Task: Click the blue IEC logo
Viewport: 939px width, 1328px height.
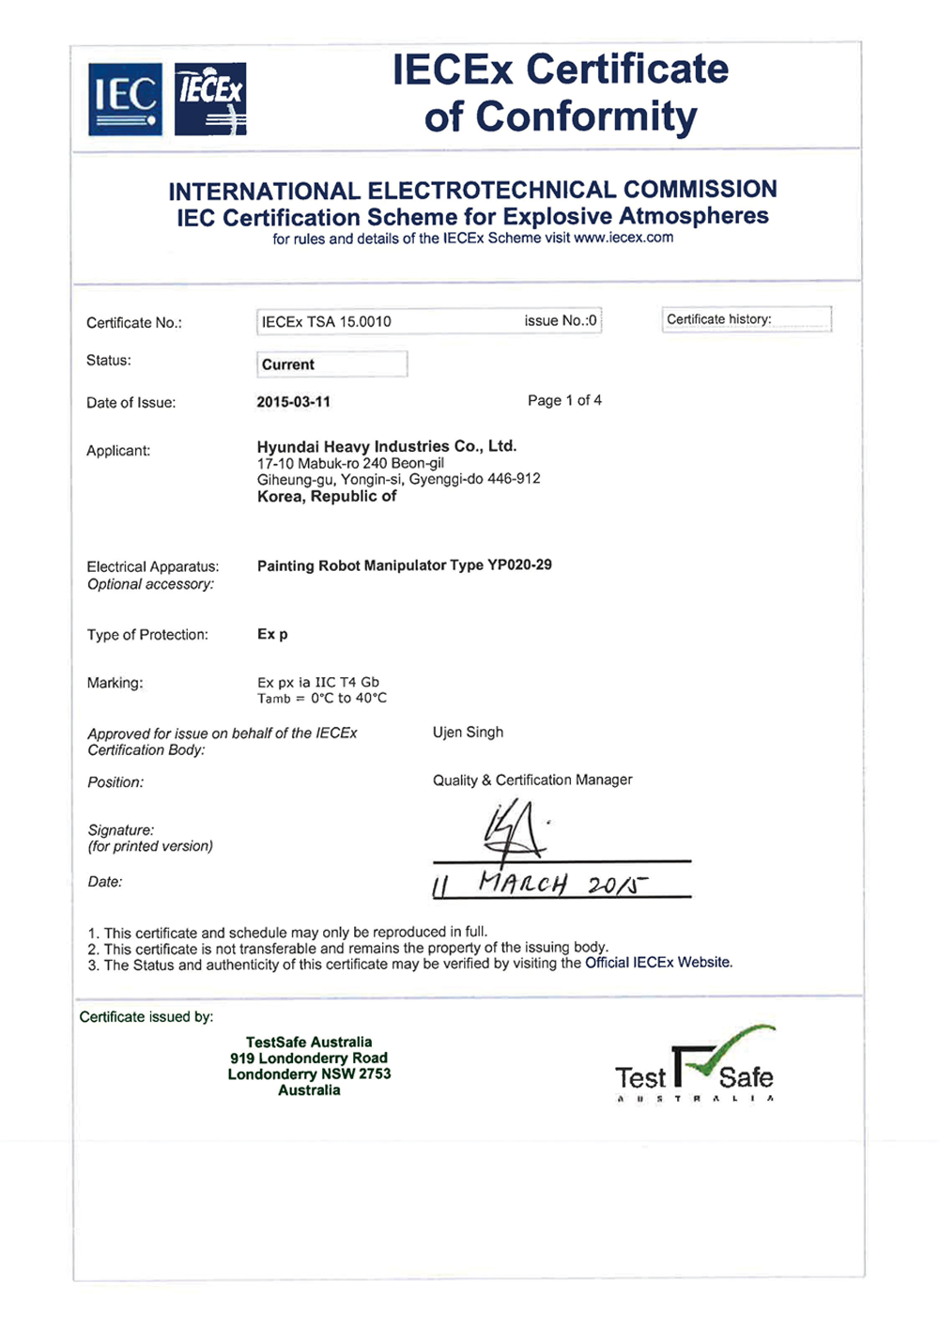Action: click(x=125, y=99)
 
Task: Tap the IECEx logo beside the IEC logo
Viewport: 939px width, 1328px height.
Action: click(x=211, y=99)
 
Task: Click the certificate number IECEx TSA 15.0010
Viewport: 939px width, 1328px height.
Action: click(x=326, y=321)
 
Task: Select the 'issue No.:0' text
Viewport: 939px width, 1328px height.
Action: click(x=561, y=321)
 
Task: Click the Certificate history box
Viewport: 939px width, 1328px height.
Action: click(x=747, y=319)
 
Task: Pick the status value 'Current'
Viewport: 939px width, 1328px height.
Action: click(x=288, y=364)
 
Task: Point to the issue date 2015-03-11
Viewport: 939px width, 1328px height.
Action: click(x=294, y=402)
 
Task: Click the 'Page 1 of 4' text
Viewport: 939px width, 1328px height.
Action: click(x=564, y=400)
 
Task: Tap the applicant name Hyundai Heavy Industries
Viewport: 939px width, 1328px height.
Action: click(x=386, y=446)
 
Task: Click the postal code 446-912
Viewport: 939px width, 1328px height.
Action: click(x=514, y=479)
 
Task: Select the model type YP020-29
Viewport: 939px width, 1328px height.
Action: click(x=519, y=565)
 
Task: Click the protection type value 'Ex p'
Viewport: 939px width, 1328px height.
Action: click(x=272, y=634)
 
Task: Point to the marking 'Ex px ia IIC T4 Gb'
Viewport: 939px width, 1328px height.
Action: click(x=318, y=682)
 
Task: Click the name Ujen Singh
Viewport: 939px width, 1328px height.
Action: click(x=468, y=732)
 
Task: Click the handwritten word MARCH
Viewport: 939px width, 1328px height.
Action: click(x=522, y=884)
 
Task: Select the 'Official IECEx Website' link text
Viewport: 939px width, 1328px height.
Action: click(x=657, y=963)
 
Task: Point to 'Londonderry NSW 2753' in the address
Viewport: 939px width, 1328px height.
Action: click(x=309, y=1073)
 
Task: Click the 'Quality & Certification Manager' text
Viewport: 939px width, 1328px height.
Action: click(x=532, y=780)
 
